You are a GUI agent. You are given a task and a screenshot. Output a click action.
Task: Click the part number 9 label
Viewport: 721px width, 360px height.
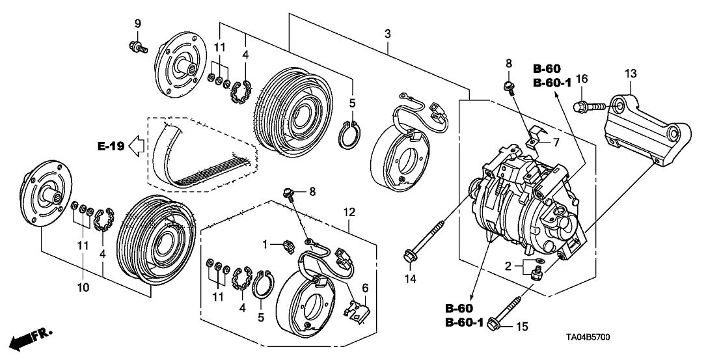coord(137,24)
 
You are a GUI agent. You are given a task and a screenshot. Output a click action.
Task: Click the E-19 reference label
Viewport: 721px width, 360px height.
coord(110,146)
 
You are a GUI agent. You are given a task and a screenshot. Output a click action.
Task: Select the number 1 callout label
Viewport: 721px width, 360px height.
coord(265,243)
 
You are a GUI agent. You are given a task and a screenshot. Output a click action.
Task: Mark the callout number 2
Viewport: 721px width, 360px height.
coord(508,266)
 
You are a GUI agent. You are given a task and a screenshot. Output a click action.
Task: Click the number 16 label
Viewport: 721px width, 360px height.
coord(582,79)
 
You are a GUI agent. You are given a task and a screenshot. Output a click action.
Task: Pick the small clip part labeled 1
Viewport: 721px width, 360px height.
coord(286,247)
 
